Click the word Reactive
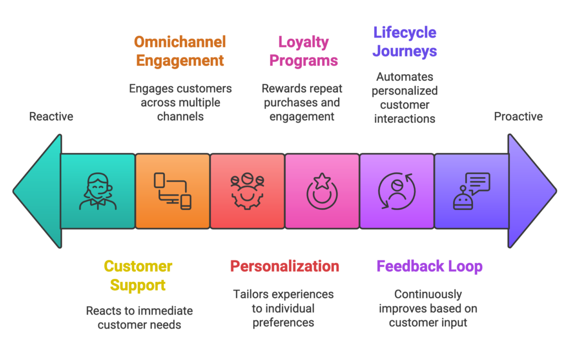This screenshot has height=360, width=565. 51,117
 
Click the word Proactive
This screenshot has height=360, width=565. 518,117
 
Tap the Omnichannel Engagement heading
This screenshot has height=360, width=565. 180,51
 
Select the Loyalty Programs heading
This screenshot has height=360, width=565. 303,51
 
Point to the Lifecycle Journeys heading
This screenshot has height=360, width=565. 404,41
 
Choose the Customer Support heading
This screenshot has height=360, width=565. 138,276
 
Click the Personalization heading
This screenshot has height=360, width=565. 284,266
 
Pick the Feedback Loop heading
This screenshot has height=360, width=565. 429,266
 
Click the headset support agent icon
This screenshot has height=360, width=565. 98,192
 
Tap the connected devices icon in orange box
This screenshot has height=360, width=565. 173,192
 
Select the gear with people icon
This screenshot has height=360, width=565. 247,192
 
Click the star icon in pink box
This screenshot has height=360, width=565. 322,192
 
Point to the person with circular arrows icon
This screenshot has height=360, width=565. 397,192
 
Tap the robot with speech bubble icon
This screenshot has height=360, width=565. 471,192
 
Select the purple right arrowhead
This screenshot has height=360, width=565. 531,191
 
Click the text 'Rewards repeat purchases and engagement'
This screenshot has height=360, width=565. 302,102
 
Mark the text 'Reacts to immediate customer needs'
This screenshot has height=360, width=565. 139,317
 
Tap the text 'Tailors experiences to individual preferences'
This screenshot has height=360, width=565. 283,308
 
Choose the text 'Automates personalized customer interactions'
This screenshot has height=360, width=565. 404,98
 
